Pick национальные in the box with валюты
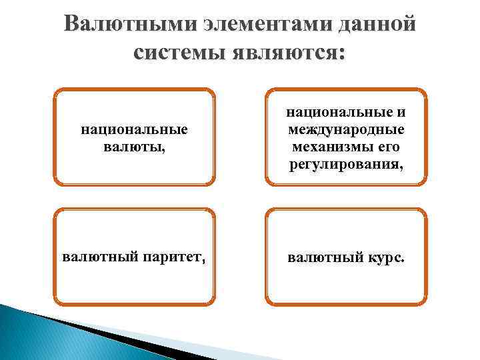[134, 130]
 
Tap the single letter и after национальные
[401, 113]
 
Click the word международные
[345, 130]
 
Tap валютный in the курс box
[321, 257]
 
